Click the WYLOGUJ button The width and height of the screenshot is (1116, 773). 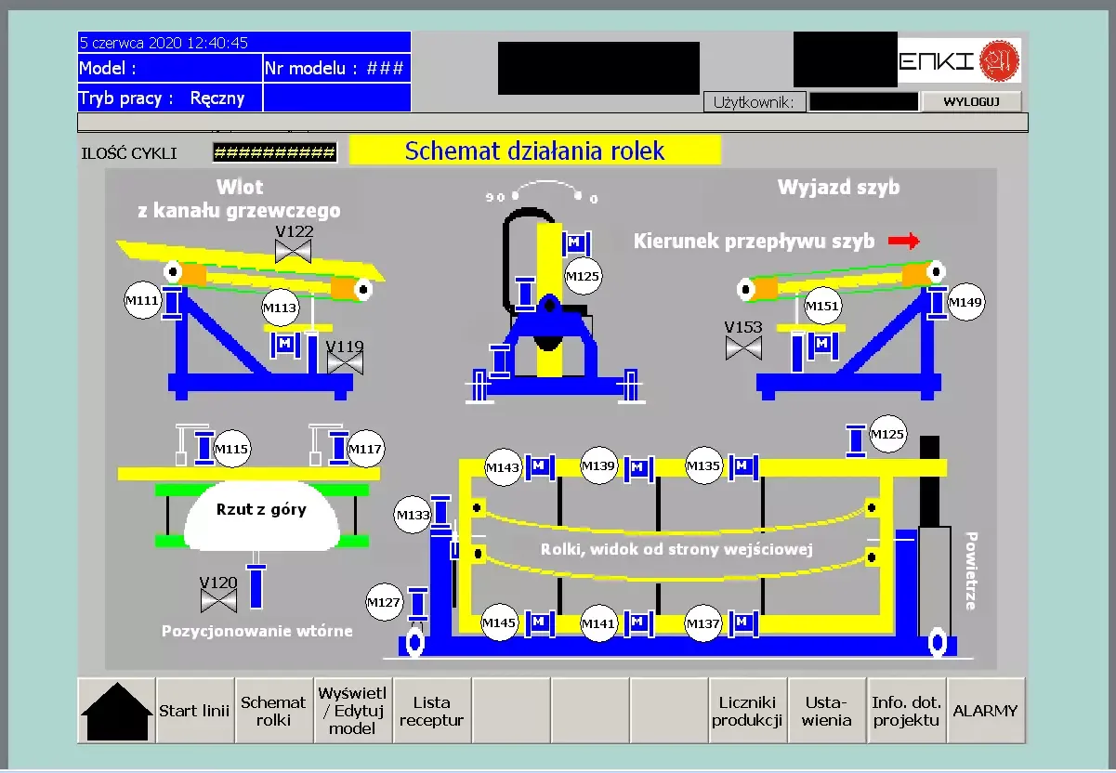point(971,101)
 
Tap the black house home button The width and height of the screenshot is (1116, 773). point(116,711)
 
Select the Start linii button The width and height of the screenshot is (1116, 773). point(194,711)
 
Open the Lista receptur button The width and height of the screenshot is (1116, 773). point(432,711)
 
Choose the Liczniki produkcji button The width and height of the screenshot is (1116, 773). point(750,711)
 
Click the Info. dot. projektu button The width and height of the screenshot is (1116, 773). point(907,711)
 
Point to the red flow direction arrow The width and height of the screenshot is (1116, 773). point(903,242)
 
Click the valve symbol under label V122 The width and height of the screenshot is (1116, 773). point(294,251)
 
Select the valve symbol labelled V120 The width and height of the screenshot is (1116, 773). point(219,600)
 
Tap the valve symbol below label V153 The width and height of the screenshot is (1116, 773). point(743,348)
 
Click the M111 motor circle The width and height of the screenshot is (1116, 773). point(143,302)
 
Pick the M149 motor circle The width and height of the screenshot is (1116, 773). point(966,302)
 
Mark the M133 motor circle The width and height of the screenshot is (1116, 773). point(414,515)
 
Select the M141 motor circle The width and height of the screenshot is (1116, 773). point(599,624)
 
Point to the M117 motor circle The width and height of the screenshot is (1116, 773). point(365,450)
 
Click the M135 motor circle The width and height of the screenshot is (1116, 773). point(703,466)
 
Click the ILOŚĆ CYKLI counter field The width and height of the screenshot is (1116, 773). point(274,152)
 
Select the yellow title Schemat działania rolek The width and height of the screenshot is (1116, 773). point(534,151)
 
